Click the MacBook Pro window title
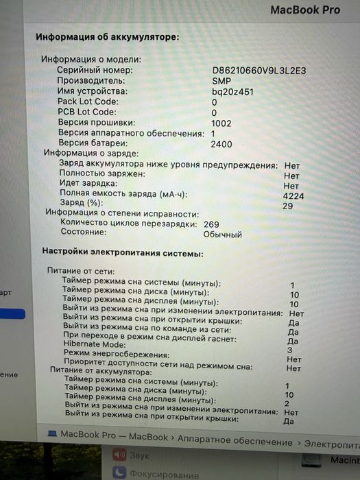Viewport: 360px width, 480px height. click(304, 10)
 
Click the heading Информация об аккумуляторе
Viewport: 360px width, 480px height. click(107, 36)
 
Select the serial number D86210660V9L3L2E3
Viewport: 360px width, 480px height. click(259, 70)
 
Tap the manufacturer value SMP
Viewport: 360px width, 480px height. click(221, 80)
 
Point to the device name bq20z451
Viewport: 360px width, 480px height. click(232, 91)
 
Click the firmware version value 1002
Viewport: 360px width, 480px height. click(221, 123)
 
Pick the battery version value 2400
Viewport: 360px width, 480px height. click(221, 145)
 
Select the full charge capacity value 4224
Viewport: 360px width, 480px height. click(293, 195)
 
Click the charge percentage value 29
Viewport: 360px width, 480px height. click(287, 206)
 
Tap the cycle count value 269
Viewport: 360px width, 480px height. click(211, 224)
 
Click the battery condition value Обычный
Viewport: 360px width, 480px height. click(222, 235)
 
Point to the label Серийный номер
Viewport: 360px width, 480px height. click(95, 70)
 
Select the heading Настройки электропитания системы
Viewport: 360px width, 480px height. click(123, 253)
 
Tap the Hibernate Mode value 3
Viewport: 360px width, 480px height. click(290, 349)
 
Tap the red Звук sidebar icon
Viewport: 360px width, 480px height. click(119, 455)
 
